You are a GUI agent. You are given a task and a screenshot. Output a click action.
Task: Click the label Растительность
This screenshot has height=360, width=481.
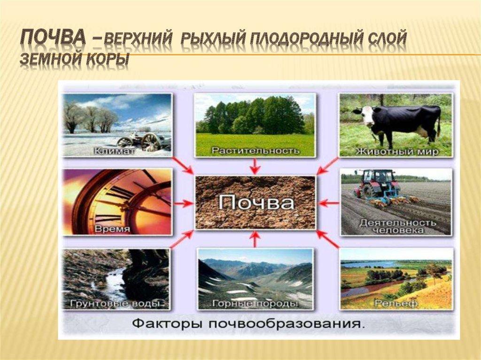(x=255, y=151)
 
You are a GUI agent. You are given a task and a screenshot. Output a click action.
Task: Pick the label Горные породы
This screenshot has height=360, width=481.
(x=255, y=304)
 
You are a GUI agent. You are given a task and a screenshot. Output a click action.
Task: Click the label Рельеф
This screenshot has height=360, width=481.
(x=396, y=303)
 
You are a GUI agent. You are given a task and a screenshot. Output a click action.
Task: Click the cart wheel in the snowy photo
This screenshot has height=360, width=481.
(x=150, y=141)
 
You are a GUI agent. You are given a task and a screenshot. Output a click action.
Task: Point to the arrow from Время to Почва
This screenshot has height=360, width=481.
(x=183, y=203)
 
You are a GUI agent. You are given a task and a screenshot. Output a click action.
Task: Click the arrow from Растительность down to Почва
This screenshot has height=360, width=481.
(x=255, y=166)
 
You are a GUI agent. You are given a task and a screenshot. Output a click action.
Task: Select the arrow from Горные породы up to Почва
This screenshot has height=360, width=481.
(x=255, y=239)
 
